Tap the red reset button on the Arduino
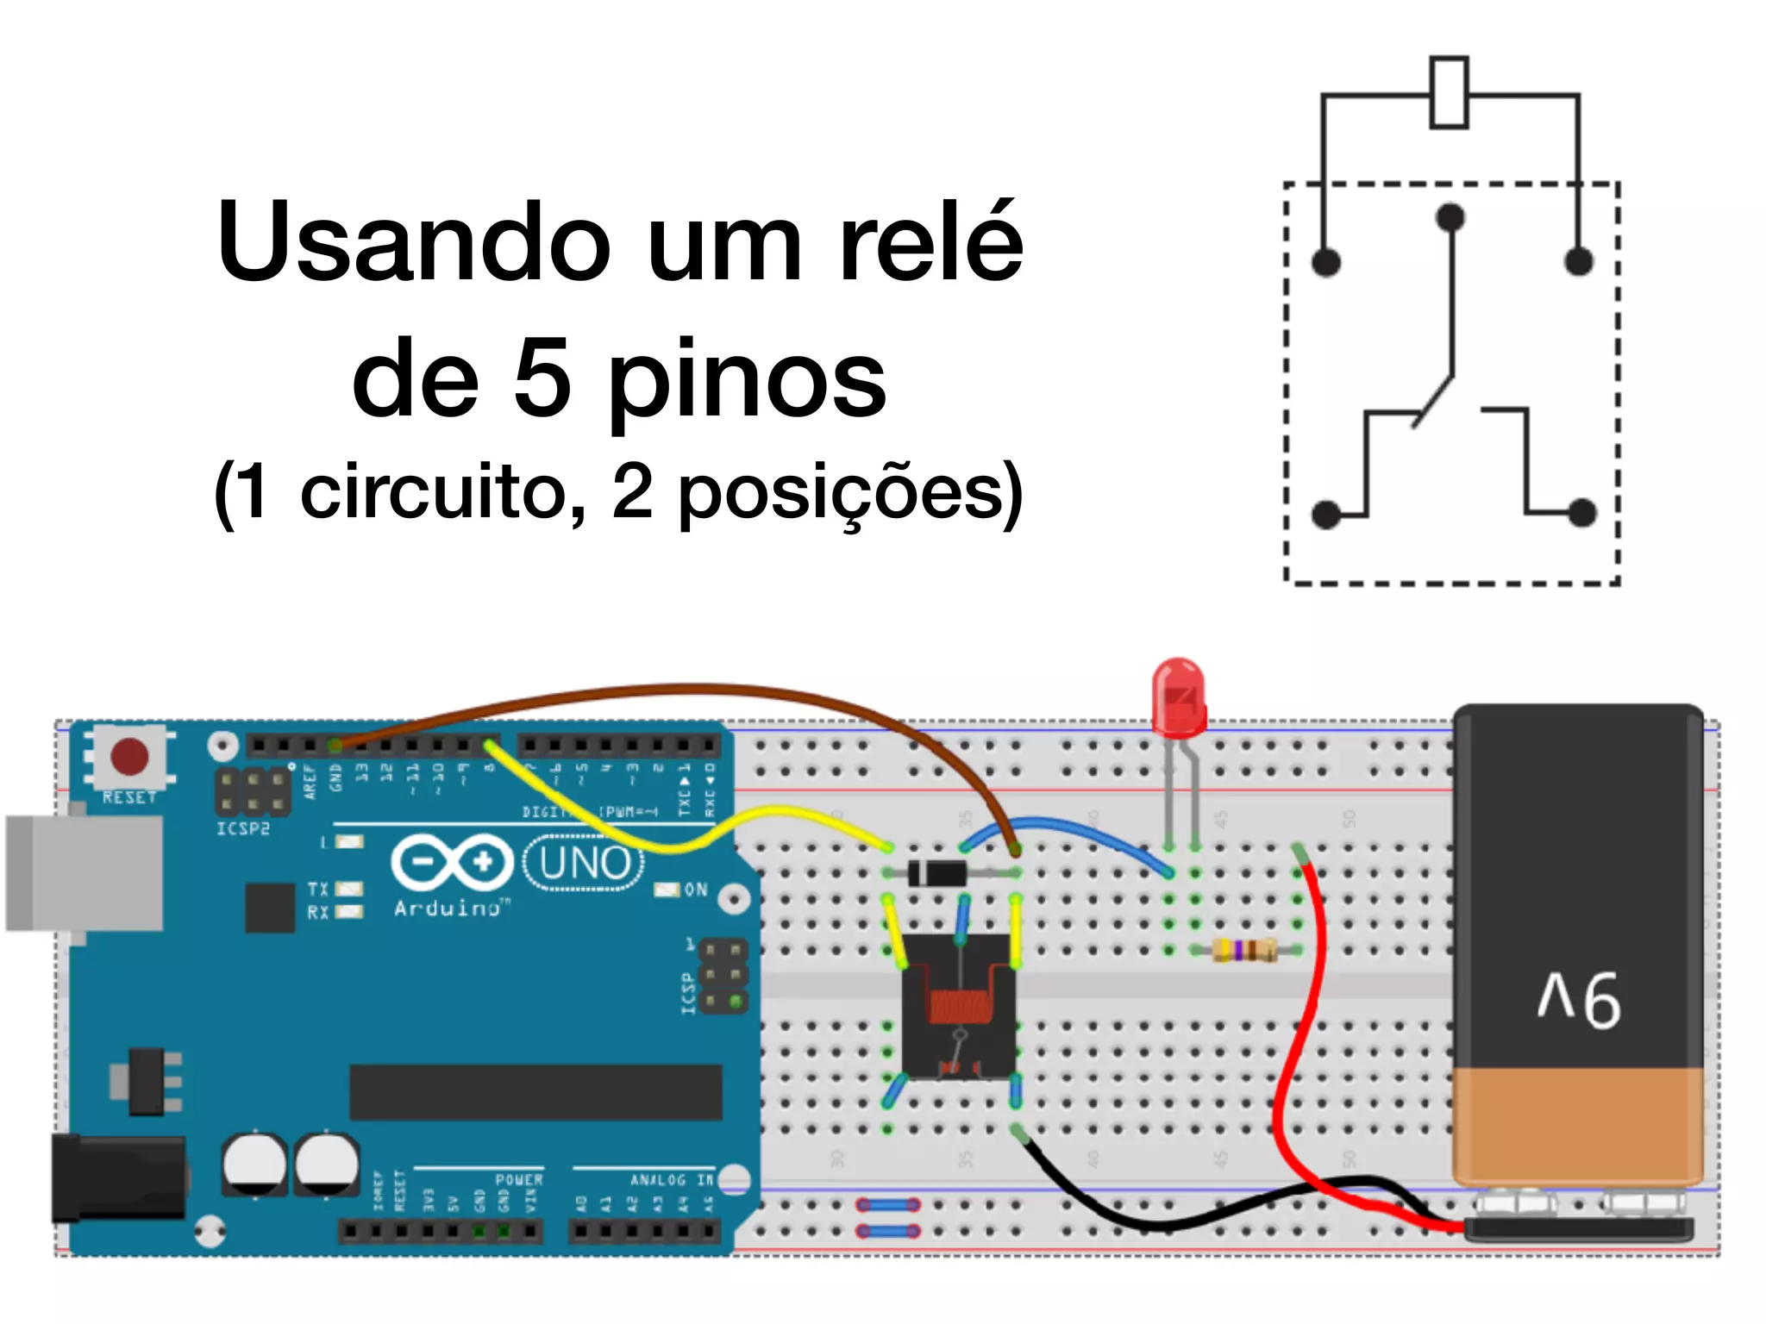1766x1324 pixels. (129, 757)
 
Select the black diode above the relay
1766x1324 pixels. (938, 873)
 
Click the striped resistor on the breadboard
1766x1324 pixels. (1244, 950)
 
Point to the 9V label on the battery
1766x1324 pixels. (1579, 1000)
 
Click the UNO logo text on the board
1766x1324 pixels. (586, 863)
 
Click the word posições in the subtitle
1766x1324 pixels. (841, 492)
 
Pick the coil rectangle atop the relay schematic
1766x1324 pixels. (1449, 93)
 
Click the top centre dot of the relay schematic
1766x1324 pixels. (1450, 216)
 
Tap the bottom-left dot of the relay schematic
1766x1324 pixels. (1326, 515)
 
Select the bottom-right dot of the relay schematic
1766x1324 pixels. (1581, 513)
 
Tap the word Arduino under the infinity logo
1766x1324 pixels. (448, 908)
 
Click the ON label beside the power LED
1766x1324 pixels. (696, 890)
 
